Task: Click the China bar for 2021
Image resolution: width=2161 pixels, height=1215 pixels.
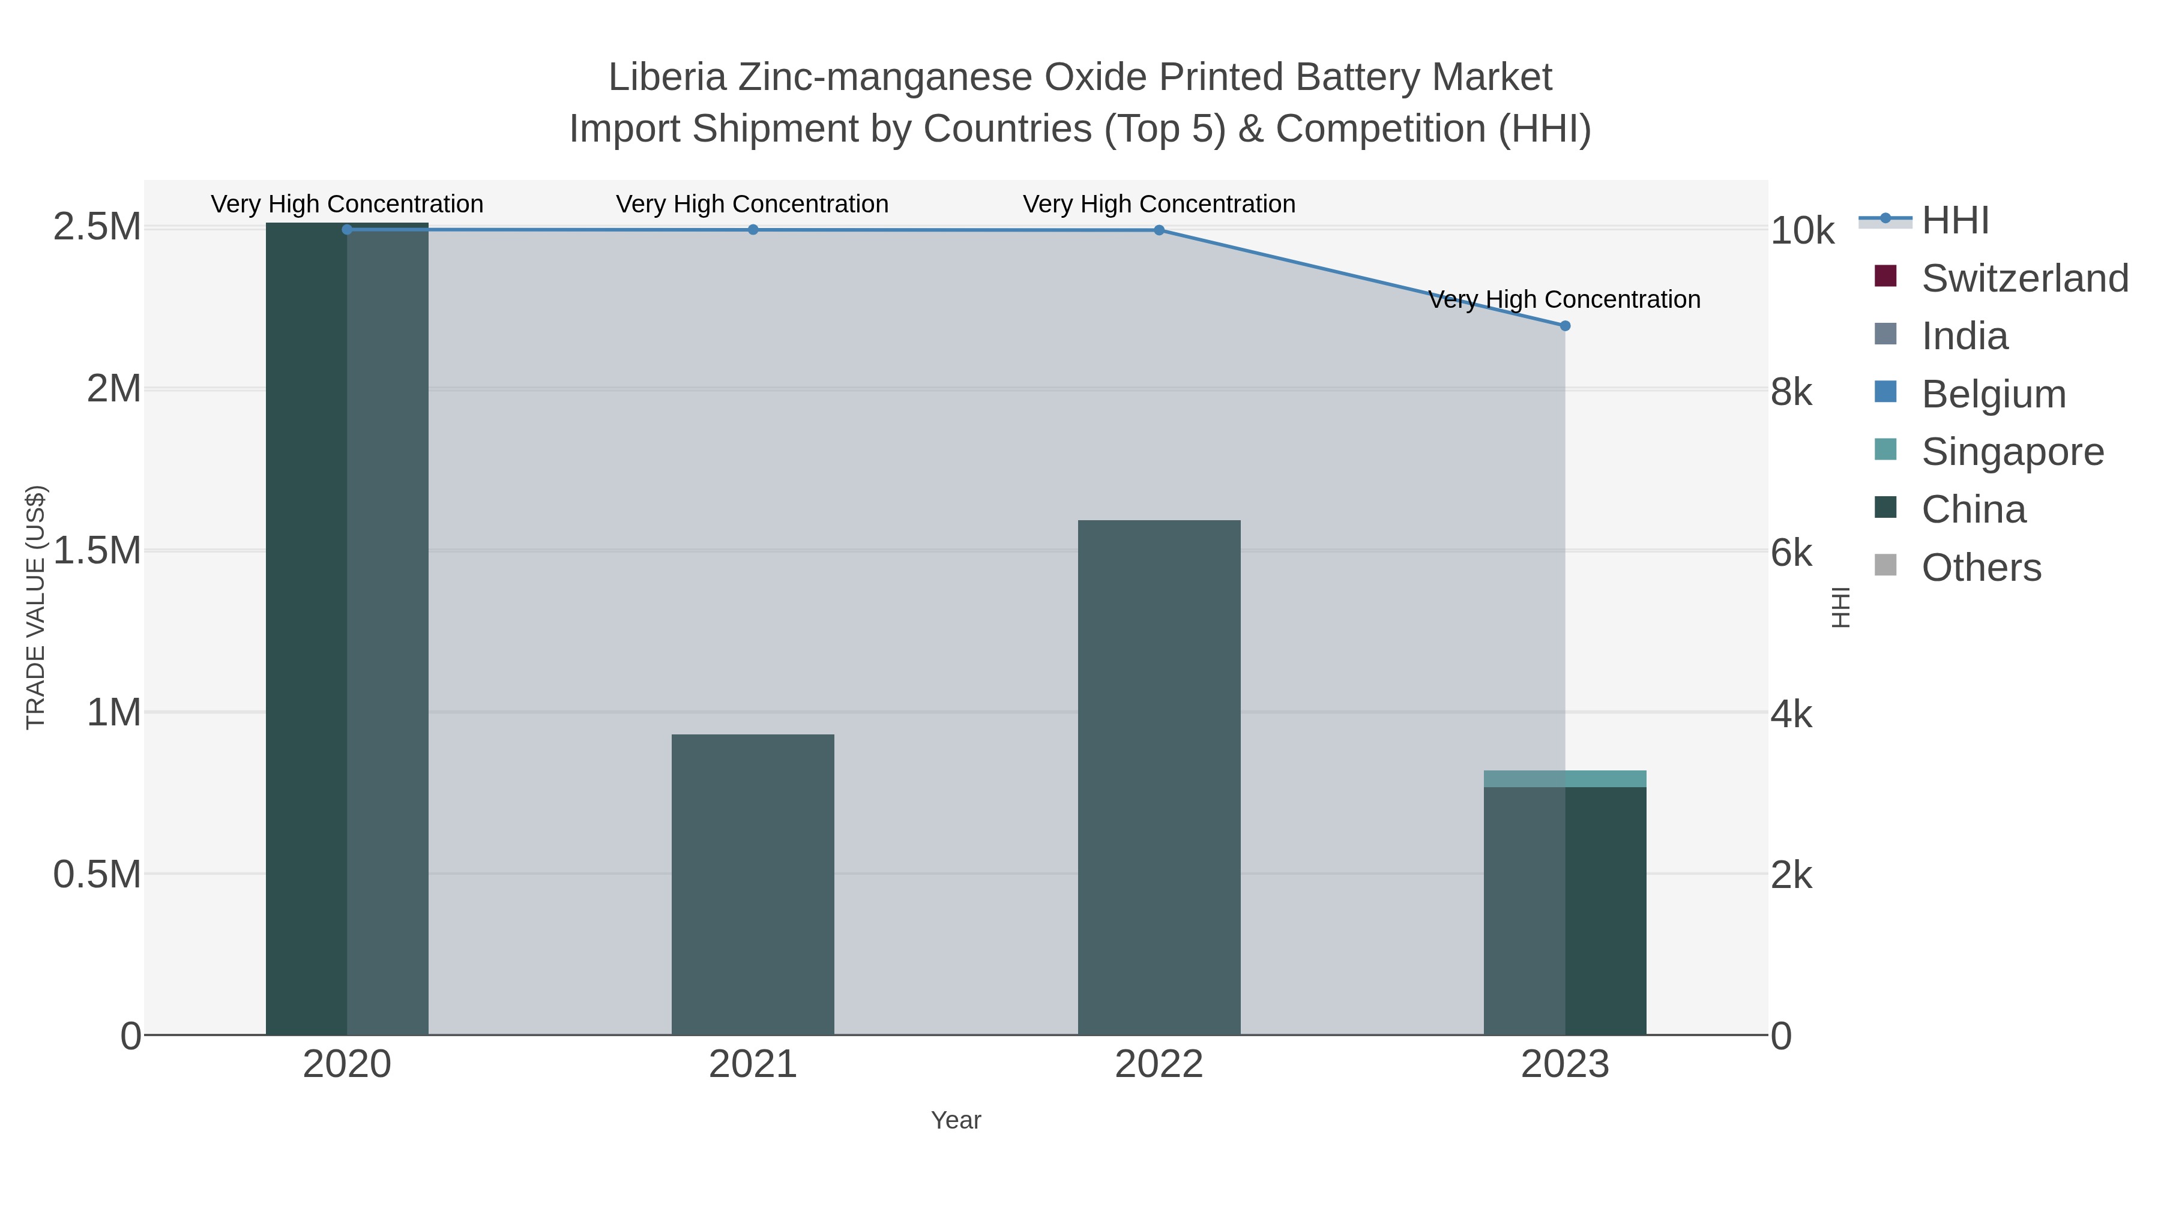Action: coord(753,884)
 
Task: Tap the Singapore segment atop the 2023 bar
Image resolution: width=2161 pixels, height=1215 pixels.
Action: coord(1564,778)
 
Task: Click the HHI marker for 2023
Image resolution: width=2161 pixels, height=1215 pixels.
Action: coord(1564,325)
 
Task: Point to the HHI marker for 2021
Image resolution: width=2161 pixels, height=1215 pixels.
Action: coord(753,230)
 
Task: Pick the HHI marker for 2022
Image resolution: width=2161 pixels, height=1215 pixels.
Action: coord(1159,230)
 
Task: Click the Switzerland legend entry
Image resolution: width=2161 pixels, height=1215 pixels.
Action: coord(2024,278)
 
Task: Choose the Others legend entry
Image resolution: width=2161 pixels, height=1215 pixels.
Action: coord(1981,568)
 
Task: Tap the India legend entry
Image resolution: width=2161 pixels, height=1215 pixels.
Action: coord(1965,336)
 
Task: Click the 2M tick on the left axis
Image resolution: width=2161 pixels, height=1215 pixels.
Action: coord(113,389)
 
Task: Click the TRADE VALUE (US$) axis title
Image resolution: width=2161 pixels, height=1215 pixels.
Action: coord(36,607)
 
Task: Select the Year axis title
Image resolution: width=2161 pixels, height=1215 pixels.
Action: coord(956,1120)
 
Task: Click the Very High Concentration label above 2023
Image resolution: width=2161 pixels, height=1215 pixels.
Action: coord(1564,299)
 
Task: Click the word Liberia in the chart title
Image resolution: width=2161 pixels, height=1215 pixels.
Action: coord(667,77)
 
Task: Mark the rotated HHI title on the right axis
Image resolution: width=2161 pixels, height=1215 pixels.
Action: coord(1840,607)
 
